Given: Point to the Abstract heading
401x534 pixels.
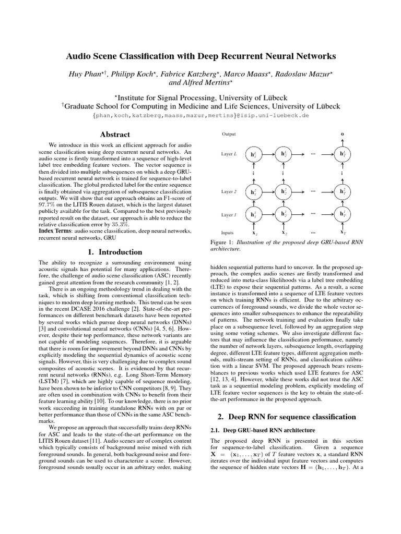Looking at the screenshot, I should tap(115, 135).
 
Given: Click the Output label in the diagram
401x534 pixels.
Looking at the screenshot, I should tap(229, 134).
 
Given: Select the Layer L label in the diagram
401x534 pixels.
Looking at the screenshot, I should tap(229, 154).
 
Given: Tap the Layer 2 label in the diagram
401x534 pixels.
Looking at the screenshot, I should tap(229, 192).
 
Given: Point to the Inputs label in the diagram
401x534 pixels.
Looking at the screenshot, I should tap(229, 233).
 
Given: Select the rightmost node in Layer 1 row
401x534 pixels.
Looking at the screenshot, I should tap(342, 214).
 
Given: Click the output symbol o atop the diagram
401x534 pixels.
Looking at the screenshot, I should tap(342, 134).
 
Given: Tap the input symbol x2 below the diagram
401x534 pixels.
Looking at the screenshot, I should tap(284, 233).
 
